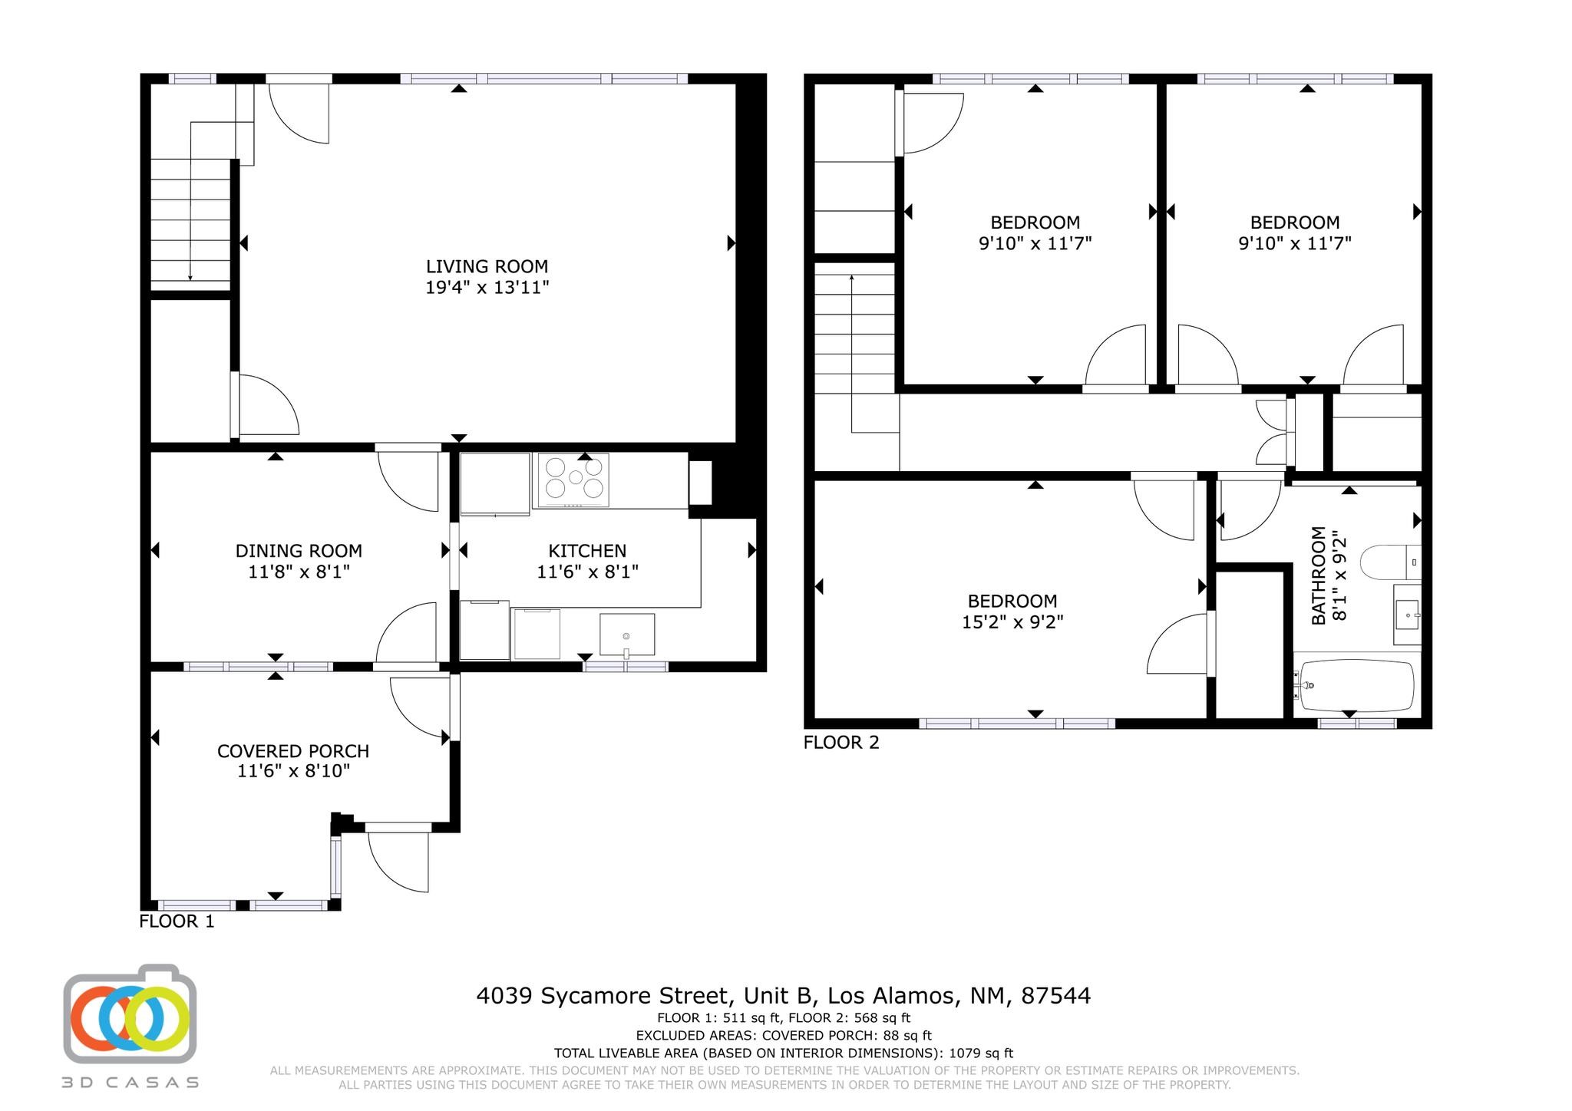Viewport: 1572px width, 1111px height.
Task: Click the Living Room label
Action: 487,266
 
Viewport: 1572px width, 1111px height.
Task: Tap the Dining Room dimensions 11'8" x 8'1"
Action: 299,572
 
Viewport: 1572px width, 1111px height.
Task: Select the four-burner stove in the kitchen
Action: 571,480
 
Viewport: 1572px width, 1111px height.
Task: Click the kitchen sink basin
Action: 627,635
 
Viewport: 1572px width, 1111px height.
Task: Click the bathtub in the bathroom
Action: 1356,685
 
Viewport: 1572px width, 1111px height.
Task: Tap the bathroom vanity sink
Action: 1408,615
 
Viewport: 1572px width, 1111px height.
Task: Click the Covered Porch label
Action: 293,751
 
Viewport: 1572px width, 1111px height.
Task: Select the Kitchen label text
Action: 587,551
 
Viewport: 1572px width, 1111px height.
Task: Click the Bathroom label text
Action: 1319,575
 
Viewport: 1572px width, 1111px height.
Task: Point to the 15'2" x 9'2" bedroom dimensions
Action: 1012,622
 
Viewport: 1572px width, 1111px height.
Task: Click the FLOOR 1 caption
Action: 177,921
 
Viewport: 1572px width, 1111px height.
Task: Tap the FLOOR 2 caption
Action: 841,743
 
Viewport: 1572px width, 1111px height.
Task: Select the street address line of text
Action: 784,996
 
